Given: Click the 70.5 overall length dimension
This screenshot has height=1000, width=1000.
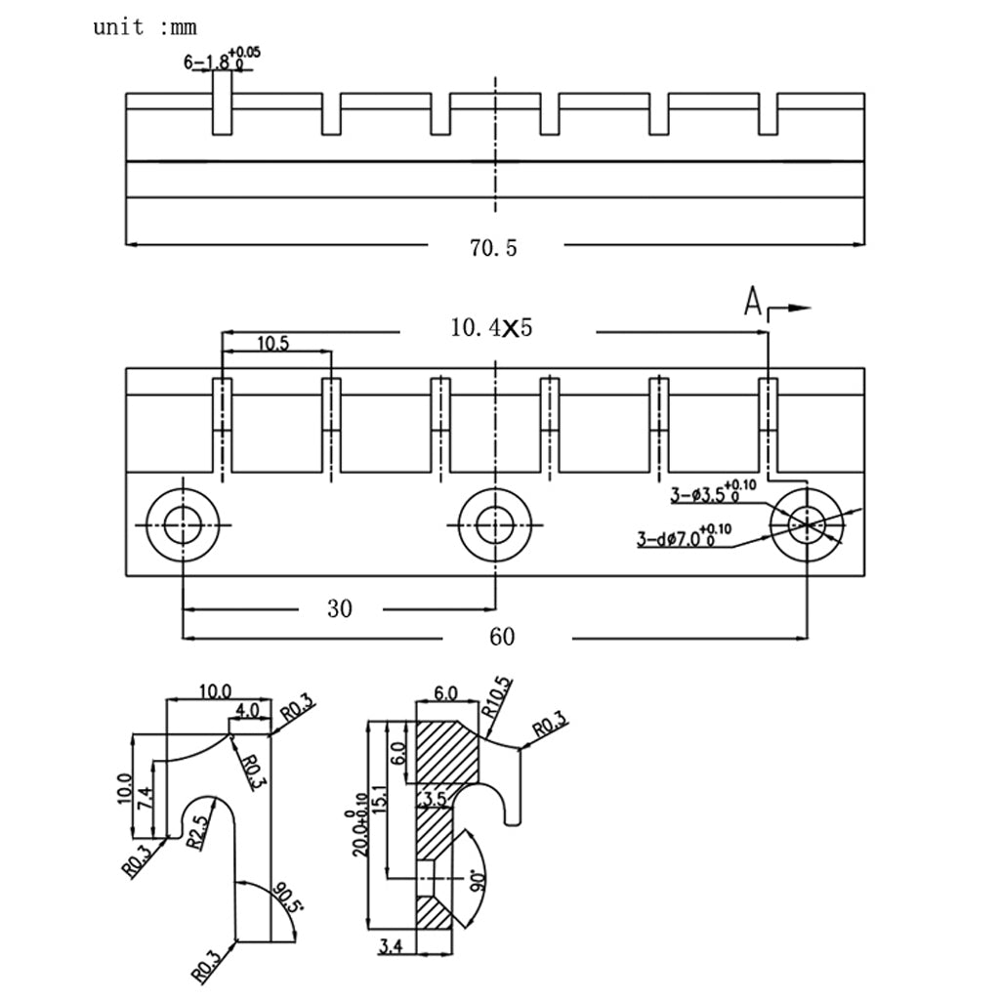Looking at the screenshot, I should [492, 248].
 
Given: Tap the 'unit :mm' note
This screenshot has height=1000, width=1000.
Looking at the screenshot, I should [145, 27].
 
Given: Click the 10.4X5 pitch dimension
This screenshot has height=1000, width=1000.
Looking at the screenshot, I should [491, 328].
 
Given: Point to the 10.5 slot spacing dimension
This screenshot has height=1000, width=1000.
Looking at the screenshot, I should [272, 343].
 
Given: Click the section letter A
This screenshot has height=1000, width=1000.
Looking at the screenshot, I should [752, 303].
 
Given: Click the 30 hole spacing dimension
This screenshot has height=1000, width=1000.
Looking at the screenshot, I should [339, 609].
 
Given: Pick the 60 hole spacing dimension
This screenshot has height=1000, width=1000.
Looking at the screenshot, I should [501, 638].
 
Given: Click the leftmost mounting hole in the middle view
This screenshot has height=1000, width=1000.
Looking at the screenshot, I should [183, 525].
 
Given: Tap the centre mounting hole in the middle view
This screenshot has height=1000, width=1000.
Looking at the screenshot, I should [496, 525].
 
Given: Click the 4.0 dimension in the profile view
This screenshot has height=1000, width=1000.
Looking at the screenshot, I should [248, 710].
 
